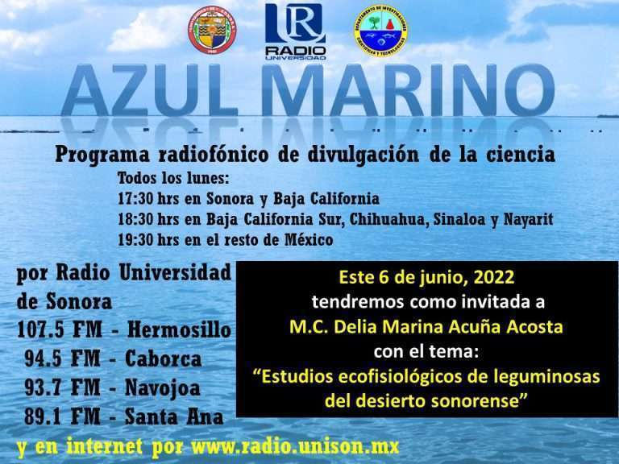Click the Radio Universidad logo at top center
[295, 31]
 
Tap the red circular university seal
[212, 30]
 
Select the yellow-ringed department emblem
[380, 31]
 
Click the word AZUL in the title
[150, 91]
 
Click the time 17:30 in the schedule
[135, 198]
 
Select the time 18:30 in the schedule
[135, 219]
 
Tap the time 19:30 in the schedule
[135, 239]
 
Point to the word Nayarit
[528, 220]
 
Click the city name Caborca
[163, 358]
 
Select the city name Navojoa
[162, 387]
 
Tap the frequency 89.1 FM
[62, 416]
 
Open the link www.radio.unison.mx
[295, 447]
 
